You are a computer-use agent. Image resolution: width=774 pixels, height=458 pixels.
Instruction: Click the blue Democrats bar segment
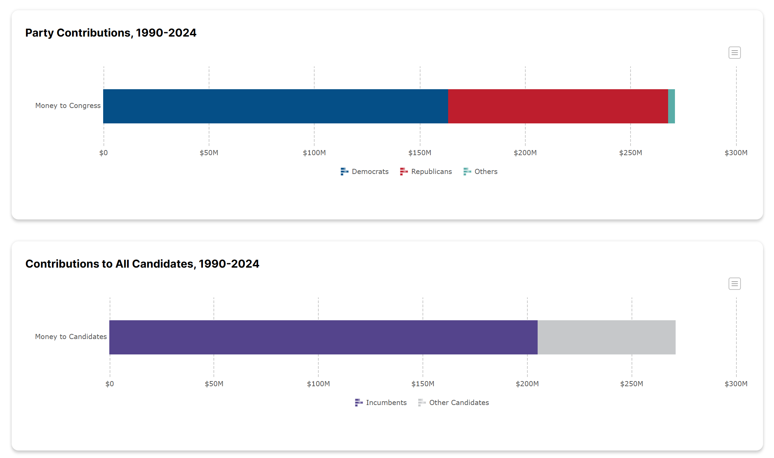pos(275,106)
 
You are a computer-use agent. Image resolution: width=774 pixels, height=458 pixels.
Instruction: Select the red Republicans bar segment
pos(558,106)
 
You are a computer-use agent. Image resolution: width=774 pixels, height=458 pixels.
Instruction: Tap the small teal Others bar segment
pos(671,106)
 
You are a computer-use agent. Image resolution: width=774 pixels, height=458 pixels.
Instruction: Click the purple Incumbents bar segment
pos(323,337)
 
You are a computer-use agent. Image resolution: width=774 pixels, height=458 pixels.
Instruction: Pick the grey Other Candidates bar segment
pos(606,337)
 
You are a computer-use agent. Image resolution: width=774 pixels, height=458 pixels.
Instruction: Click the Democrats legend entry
pos(365,172)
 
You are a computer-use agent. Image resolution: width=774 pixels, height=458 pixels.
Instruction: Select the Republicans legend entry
pos(426,172)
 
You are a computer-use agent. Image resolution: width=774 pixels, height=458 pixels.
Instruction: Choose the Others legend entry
pos(481,172)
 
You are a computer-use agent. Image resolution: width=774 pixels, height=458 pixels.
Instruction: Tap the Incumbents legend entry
pos(381,403)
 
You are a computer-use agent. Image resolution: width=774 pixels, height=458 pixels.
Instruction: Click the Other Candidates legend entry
pos(454,403)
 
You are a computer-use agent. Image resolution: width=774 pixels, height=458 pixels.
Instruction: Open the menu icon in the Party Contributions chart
pos(734,53)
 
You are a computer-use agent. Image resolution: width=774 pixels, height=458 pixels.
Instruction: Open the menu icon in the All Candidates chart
pos(734,284)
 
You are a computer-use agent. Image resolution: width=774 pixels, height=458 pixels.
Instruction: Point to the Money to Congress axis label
pos(68,106)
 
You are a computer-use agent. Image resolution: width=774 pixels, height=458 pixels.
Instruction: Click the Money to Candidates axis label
pos(71,337)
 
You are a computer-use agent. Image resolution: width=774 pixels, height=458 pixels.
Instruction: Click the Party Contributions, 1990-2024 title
pos(111,33)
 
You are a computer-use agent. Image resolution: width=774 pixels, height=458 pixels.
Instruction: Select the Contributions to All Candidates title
pos(142,264)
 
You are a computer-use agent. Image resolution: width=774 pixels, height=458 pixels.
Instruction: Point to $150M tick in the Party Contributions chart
pos(420,153)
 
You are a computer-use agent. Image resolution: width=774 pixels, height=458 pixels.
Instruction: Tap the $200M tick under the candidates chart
pos(527,384)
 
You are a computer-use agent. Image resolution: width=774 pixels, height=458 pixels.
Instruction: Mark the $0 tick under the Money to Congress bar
pos(103,153)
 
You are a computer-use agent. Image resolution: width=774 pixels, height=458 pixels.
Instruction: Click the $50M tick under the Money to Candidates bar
pos(214,384)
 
